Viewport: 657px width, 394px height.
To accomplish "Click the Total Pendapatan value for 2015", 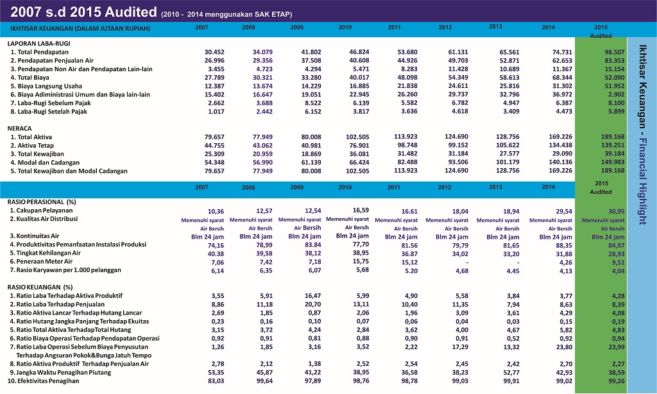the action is click(615, 53).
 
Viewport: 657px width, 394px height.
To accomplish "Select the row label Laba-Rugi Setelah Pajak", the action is click(49, 112).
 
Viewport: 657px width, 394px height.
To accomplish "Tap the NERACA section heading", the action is click(20, 128).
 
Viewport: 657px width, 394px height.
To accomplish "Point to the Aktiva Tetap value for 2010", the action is click(359, 146).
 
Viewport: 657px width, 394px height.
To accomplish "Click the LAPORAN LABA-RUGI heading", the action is click(39, 43).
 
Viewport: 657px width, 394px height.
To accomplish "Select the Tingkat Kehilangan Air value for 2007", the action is click(216, 254).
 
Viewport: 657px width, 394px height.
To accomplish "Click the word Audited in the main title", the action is click(131, 12).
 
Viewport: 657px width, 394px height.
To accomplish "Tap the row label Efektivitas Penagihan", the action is click(43, 381).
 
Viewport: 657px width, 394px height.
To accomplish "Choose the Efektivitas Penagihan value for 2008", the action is click(264, 381).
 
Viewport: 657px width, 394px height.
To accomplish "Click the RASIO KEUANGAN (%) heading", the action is click(40, 287).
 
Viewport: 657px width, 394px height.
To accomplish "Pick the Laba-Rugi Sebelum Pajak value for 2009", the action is click(312, 103).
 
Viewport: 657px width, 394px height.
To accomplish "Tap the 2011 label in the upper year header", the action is click(395, 27).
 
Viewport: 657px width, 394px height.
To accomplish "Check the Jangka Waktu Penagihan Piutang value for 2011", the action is click(409, 373).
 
